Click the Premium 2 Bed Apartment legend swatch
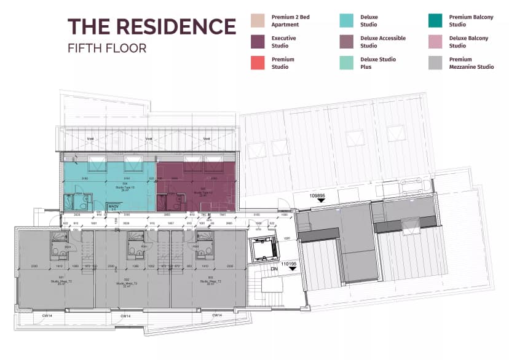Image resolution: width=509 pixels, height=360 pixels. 258,21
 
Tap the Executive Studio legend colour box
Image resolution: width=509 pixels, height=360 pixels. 258,42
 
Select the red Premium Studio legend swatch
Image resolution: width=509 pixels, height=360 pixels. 258,63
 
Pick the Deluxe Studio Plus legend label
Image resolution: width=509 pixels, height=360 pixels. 377,63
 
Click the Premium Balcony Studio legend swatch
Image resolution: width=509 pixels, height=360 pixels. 436,21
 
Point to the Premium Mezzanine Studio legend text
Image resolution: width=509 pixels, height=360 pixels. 471,63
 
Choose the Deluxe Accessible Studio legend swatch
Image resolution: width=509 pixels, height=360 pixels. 347,42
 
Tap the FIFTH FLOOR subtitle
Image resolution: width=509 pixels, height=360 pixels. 107,48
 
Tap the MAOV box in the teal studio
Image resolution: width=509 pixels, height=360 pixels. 114,207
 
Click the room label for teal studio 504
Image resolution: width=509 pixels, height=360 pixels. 125,186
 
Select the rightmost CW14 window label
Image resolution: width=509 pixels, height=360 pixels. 216,316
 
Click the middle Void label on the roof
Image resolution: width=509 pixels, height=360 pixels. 148,139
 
